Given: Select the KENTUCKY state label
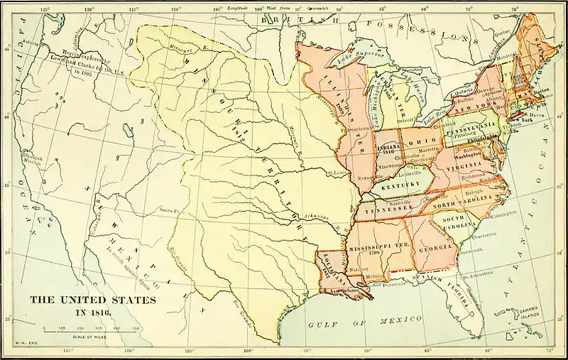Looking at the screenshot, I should (397, 186).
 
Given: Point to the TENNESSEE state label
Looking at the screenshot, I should (388, 209).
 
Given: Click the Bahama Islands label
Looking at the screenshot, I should (526, 312).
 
